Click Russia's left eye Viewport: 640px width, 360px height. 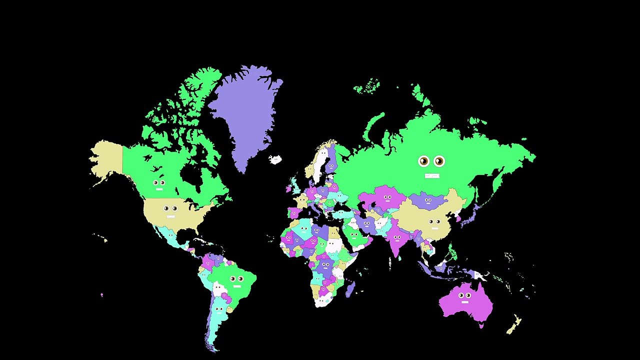[x=424, y=161]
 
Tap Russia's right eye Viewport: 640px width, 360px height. [x=439, y=161]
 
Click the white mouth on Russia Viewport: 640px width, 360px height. [x=431, y=175]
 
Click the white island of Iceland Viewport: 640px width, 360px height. [x=275, y=159]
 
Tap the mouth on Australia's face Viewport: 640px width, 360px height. [x=465, y=302]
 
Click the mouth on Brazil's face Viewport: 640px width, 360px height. [x=236, y=286]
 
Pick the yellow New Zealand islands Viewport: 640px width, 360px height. [x=514, y=325]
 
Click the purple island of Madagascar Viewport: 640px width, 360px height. [x=350, y=288]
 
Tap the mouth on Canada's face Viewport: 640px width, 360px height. [x=159, y=189]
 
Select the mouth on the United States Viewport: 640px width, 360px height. [x=170, y=216]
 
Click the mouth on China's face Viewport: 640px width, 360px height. [x=434, y=228]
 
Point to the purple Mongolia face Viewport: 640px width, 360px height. [x=428, y=201]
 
